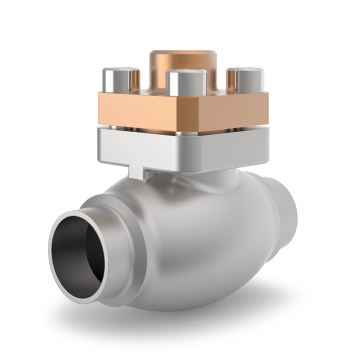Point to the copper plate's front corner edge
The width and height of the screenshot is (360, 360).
[x=180, y=115]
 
